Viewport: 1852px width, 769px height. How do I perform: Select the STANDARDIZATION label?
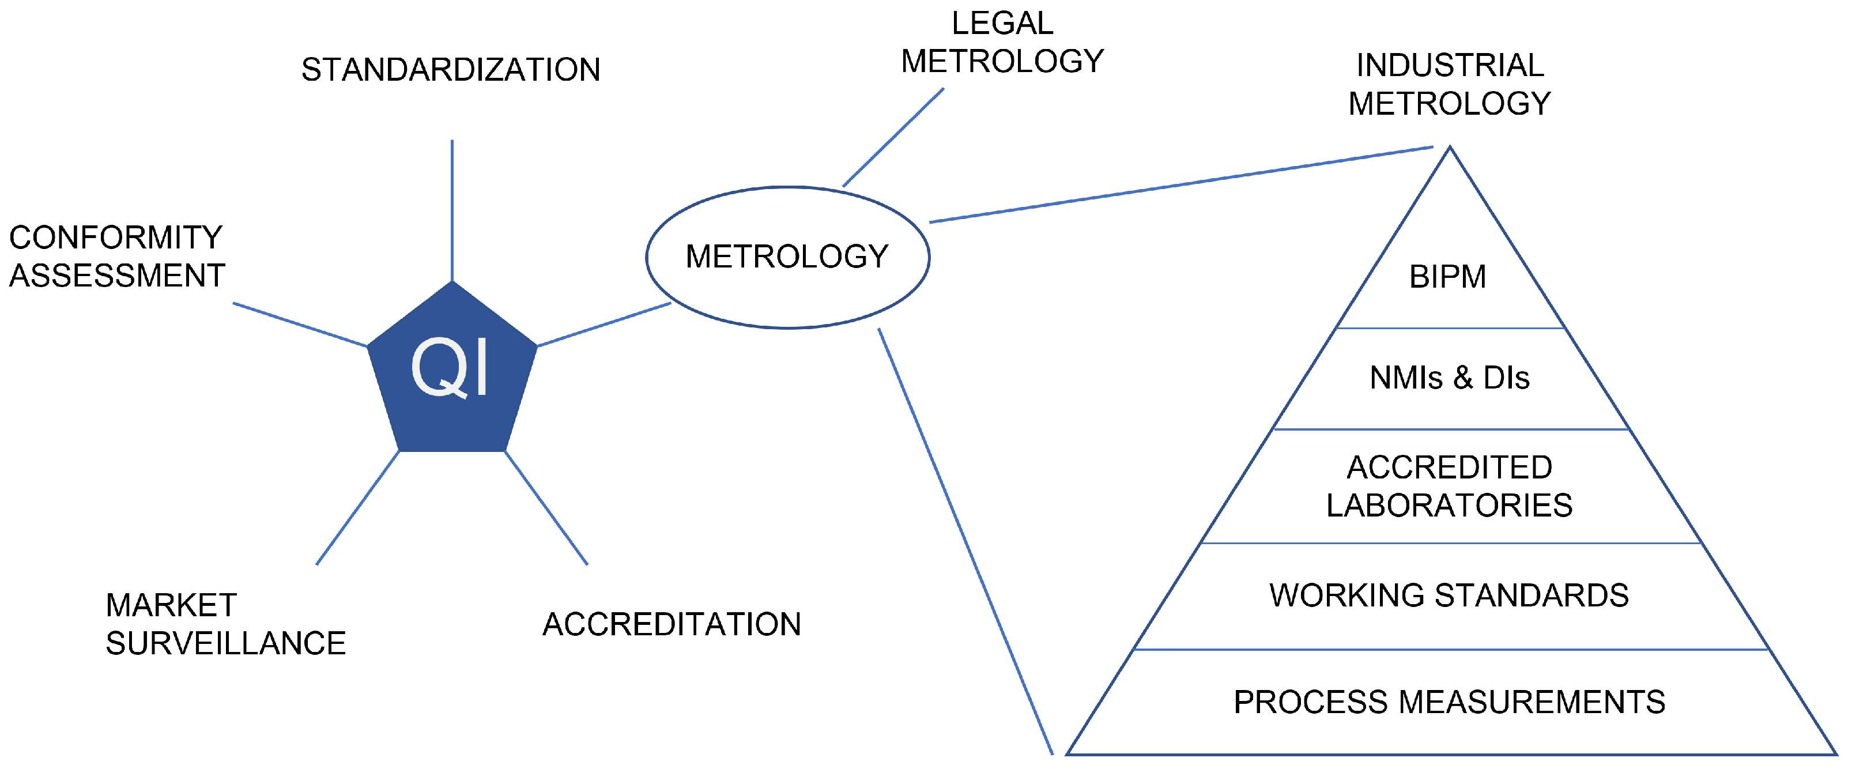450,70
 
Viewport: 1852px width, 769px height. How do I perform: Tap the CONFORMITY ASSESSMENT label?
116,257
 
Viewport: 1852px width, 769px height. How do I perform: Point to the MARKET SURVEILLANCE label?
225,624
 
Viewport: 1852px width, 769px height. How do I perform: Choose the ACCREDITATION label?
672,624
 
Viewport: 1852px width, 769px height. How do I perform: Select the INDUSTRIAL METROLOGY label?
1450,84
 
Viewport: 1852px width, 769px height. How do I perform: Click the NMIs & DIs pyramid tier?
1450,378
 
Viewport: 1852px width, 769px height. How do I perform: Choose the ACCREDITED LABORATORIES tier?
1450,487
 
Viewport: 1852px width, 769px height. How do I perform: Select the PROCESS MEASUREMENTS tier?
1450,702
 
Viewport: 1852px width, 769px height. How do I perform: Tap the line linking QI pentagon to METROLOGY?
604,325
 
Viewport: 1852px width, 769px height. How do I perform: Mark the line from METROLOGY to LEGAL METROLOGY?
893,137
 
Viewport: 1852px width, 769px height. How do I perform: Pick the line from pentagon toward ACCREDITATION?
546,507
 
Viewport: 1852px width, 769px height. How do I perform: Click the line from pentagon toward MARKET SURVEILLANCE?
357,507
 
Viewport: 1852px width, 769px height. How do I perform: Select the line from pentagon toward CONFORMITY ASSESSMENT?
300,325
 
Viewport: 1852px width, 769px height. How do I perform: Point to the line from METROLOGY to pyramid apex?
1180,184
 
